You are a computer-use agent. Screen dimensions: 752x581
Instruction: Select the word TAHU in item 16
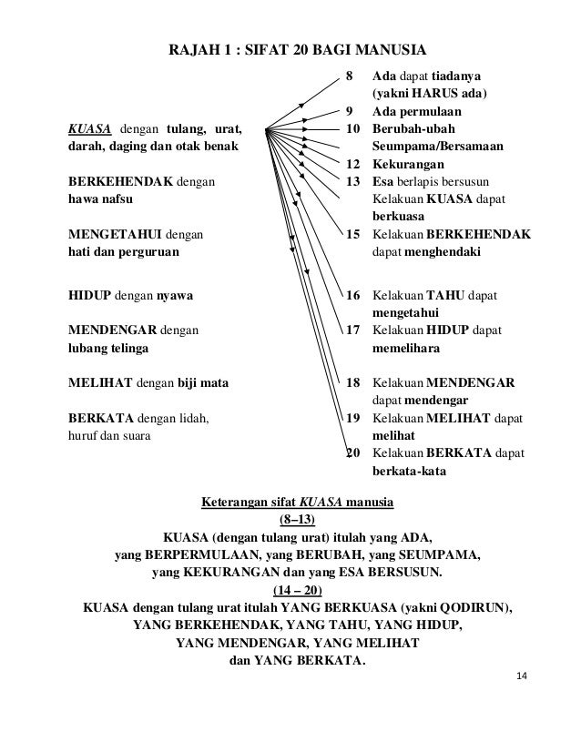[445, 296]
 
